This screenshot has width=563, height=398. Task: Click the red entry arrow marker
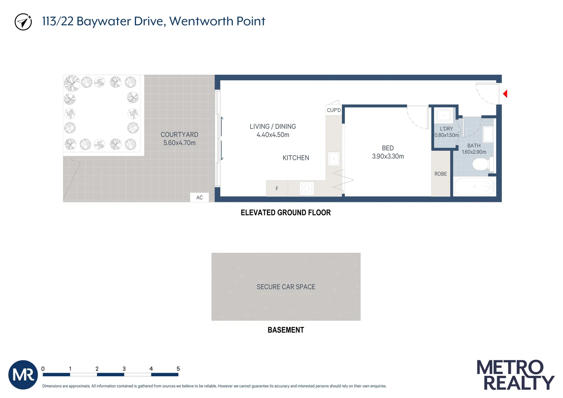pyautogui.click(x=505, y=94)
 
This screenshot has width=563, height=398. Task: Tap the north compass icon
pyautogui.click(x=23, y=22)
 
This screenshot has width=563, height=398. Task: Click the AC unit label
pyautogui.click(x=199, y=198)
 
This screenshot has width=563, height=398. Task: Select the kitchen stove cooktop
pyautogui.click(x=307, y=189)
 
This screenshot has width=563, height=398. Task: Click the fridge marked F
pyautogui.click(x=277, y=189)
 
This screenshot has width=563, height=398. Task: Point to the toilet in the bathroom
pyautogui.click(x=481, y=164)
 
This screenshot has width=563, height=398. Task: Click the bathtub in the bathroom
pyautogui.click(x=474, y=187)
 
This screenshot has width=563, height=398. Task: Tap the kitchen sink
pyautogui.click(x=334, y=159)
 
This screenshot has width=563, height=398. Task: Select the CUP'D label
pyautogui.click(x=334, y=110)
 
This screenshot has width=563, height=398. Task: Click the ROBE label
pyautogui.click(x=441, y=174)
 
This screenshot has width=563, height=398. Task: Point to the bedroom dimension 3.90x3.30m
pyautogui.click(x=388, y=156)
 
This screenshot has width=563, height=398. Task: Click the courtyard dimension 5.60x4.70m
pyautogui.click(x=179, y=143)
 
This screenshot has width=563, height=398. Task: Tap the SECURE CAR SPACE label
pyautogui.click(x=286, y=287)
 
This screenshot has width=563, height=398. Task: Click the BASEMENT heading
pyautogui.click(x=286, y=330)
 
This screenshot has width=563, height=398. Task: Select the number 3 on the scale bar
pyautogui.click(x=124, y=369)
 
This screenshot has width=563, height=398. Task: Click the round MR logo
pyautogui.click(x=23, y=375)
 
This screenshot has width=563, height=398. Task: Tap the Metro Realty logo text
pyautogui.click(x=515, y=375)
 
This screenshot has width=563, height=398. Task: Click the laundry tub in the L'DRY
pyautogui.click(x=444, y=116)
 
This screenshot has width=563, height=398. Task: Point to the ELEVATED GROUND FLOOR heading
pyautogui.click(x=286, y=213)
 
